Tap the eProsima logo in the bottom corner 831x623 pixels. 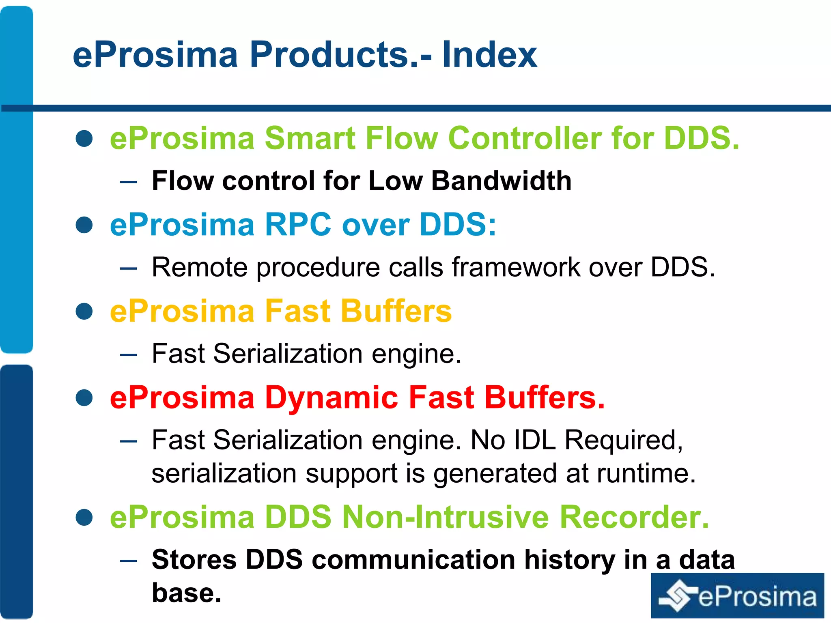click(x=737, y=596)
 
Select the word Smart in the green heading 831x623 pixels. click(x=310, y=138)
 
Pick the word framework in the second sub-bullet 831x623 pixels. click(x=516, y=267)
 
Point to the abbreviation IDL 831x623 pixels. click(x=534, y=440)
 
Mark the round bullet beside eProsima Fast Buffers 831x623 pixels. click(x=84, y=311)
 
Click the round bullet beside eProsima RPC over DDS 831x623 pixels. click(x=84, y=225)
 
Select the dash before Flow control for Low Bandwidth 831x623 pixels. click(x=129, y=182)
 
